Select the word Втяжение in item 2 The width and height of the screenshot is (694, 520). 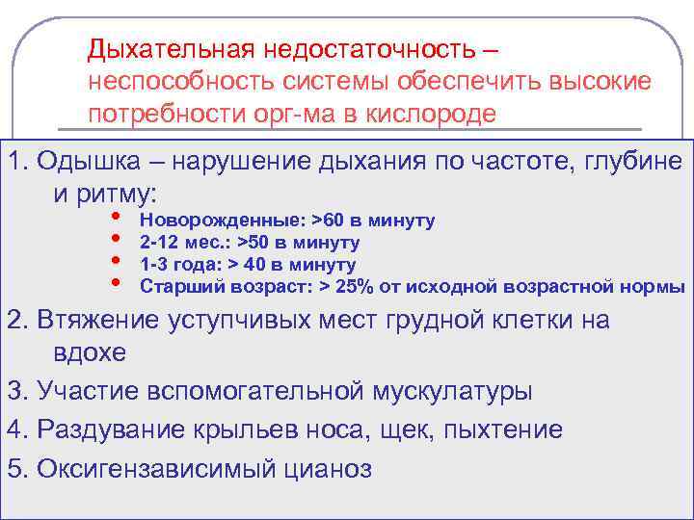[x=86, y=320]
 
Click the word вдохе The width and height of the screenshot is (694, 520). [x=84, y=352]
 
